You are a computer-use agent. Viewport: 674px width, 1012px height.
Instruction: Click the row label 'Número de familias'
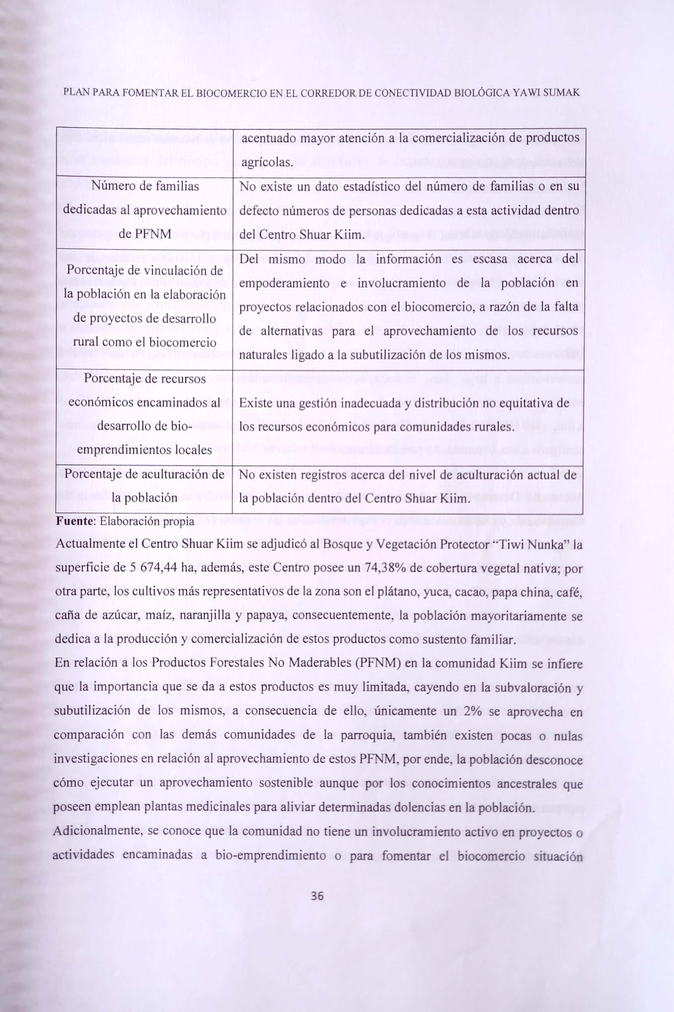click(x=145, y=187)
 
